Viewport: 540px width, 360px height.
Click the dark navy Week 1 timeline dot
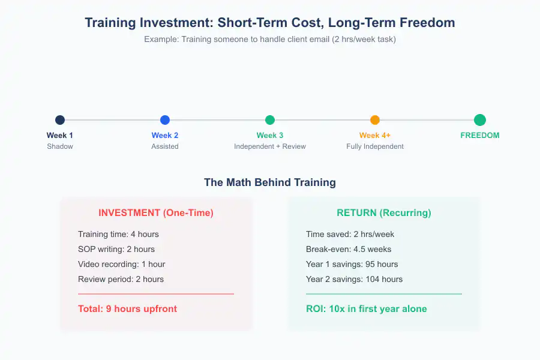(x=60, y=120)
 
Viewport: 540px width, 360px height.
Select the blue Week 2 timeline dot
(x=165, y=120)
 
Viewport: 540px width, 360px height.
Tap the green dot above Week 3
(x=270, y=120)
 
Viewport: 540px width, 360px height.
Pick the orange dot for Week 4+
(x=375, y=120)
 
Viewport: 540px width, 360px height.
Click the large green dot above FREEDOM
(x=480, y=120)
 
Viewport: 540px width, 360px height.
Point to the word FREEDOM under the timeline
(x=480, y=136)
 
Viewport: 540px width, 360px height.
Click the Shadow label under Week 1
(x=60, y=146)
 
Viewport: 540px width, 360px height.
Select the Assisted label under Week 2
(x=165, y=146)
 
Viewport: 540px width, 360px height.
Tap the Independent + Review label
(x=270, y=146)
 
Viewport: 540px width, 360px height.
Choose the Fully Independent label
(x=375, y=146)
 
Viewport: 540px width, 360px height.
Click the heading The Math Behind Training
(x=270, y=182)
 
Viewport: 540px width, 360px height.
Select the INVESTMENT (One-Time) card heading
(x=156, y=213)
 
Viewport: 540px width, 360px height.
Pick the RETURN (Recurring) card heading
(x=384, y=213)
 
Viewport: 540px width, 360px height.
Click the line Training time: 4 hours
(x=118, y=234)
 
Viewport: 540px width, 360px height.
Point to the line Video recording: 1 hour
(x=121, y=264)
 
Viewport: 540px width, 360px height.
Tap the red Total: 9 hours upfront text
(x=127, y=309)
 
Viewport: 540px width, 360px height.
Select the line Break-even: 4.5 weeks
(x=349, y=249)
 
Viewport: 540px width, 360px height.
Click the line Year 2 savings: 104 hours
(x=354, y=279)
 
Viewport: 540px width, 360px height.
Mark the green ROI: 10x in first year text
(x=366, y=309)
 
